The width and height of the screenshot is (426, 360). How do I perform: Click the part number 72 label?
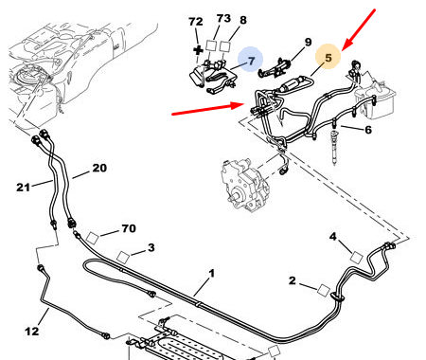[196, 22]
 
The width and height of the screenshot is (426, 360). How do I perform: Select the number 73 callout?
[223, 18]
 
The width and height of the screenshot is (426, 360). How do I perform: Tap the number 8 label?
[243, 20]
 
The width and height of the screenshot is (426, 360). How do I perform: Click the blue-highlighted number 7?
[251, 61]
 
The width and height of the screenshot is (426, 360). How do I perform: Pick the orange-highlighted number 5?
[328, 58]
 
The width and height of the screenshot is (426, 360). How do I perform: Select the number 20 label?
[99, 168]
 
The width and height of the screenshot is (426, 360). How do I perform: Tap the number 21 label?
[23, 188]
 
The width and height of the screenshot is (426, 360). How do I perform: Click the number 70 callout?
[129, 228]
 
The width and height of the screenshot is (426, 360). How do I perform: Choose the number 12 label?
[32, 332]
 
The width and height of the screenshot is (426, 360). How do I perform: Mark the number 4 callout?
[333, 236]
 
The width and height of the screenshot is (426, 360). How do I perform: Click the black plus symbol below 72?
[198, 50]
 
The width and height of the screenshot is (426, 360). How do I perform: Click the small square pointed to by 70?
[93, 238]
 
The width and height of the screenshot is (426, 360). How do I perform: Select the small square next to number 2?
[324, 290]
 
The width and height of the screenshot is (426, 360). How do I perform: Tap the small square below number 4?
[357, 258]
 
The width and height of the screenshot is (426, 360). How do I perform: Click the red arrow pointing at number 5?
[359, 29]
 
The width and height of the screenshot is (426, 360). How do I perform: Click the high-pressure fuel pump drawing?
[245, 185]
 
